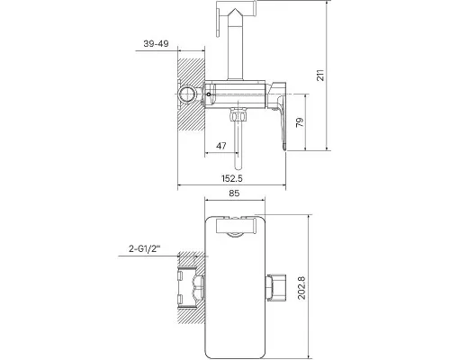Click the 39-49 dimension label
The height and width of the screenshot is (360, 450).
coord(156,44)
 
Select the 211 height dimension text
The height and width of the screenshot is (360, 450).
coord(320,75)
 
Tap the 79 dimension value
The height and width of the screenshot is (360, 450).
coord(300,122)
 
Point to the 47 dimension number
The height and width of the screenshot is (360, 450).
coord(221,146)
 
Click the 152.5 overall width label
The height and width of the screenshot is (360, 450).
coord(232,178)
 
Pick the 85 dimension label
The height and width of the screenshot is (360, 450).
coord(234,193)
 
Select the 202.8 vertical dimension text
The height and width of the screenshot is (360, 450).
coord(301,288)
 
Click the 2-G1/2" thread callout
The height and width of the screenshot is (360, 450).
coord(145,248)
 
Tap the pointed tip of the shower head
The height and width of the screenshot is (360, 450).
coord(235,9)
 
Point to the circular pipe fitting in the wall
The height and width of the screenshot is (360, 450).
coord(186,94)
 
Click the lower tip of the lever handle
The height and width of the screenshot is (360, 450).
coord(284,148)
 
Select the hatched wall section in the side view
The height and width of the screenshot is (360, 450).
coord(192,94)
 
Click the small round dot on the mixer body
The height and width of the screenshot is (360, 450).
coord(209,94)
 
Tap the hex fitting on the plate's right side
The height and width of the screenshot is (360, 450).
coord(275,287)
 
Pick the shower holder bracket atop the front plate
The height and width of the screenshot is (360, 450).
coord(236,226)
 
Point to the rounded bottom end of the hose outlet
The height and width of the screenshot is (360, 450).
coord(238,166)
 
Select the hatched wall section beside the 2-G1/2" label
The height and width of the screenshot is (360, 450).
coord(192,287)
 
